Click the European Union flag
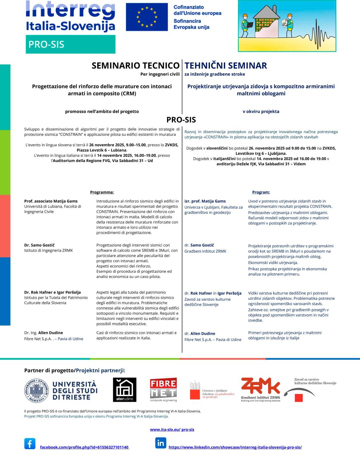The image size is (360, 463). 147,17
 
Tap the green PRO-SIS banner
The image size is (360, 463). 70,44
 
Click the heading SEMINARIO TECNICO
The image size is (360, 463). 135,65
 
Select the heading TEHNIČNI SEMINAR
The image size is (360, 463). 226,65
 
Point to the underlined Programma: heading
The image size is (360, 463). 102,192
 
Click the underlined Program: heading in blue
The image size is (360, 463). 261,192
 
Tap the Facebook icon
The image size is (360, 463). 30,444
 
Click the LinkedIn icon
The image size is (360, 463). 160,443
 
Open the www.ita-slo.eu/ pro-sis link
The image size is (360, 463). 172,430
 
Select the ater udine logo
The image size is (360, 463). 124,390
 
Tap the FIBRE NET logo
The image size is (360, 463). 163,389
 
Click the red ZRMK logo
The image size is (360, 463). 261,388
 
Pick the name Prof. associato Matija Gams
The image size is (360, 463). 51,201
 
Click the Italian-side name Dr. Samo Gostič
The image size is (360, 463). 40,245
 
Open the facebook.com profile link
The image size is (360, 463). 84,447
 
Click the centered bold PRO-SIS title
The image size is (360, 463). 181,120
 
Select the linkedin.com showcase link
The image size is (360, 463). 235,447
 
